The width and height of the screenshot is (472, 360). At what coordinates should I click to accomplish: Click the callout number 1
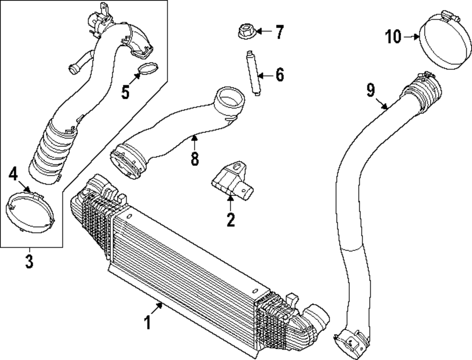(147, 323)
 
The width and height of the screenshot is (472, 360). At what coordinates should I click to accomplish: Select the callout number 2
(230, 220)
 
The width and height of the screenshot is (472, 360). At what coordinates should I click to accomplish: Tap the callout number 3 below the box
(29, 261)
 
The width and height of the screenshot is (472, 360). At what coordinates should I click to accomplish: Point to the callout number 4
(14, 175)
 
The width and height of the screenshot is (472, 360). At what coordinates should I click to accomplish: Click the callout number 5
(125, 92)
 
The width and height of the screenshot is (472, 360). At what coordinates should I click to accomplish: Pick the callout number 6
(279, 75)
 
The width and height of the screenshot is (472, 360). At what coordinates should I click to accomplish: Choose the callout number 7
(279, 32)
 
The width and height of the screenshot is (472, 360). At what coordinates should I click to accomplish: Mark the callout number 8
(194, 158)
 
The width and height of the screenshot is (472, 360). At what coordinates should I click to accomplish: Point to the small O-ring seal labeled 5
(148, 69)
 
